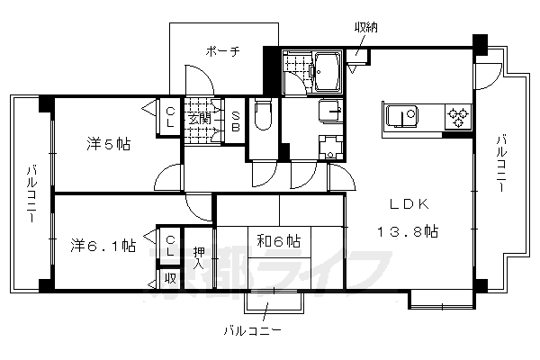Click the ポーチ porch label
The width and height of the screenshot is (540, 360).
click(222, 51)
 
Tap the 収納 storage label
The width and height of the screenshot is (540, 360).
click(366, 28)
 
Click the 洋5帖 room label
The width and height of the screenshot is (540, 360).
click(108, 143)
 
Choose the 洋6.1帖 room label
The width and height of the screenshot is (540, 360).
click(103, 243)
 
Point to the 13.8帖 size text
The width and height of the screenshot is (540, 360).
click(407, 231)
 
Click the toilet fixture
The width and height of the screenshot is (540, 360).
click(262, 113)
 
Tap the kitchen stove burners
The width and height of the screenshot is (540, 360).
click(455, 117)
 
